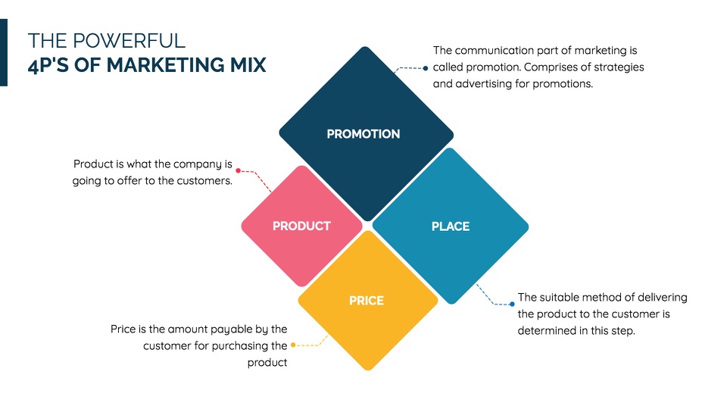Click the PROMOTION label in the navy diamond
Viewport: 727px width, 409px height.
[x=363, y=134]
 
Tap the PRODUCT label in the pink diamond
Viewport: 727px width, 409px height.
[x=301, y=226]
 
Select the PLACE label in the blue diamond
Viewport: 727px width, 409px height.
[x=450, y=226]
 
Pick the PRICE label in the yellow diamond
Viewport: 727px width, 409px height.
[x=367, y=301]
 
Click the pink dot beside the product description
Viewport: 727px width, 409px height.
[x=239, y=170]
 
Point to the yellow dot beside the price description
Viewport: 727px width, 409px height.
[x=293, y=345]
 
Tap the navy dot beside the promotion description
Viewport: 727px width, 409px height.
[x=426, y=68]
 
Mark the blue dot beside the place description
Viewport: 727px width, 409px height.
[x=512, y=304]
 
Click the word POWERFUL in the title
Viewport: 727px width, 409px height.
[x=129, y=41]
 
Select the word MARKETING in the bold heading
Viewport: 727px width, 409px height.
[x=166, y=65]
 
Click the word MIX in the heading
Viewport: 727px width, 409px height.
[x=248, y=65]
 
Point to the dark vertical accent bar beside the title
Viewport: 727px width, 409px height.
[x=4, y=52]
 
